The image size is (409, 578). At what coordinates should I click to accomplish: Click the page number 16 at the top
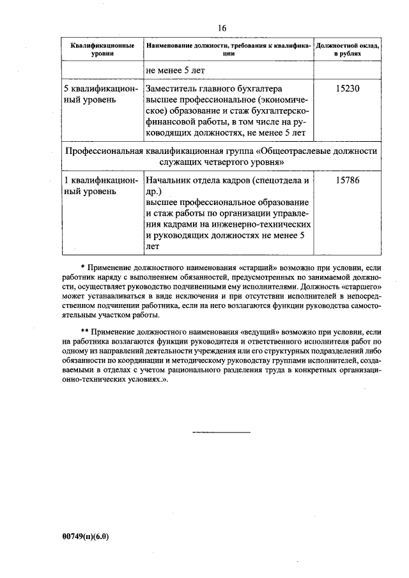(222, 27)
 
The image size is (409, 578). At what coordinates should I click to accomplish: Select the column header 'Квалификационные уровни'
(102, 50)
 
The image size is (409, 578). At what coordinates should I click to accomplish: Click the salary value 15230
(348, 89)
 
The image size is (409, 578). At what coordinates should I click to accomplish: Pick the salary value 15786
(348, 180)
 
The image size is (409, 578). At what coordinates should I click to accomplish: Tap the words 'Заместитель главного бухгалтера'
(214, 89)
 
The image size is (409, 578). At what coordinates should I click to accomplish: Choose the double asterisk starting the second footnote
(84, 332)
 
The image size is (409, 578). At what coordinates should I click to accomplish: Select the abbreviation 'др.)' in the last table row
(155, 191)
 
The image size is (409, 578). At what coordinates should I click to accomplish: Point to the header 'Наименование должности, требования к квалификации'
(228, 50)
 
